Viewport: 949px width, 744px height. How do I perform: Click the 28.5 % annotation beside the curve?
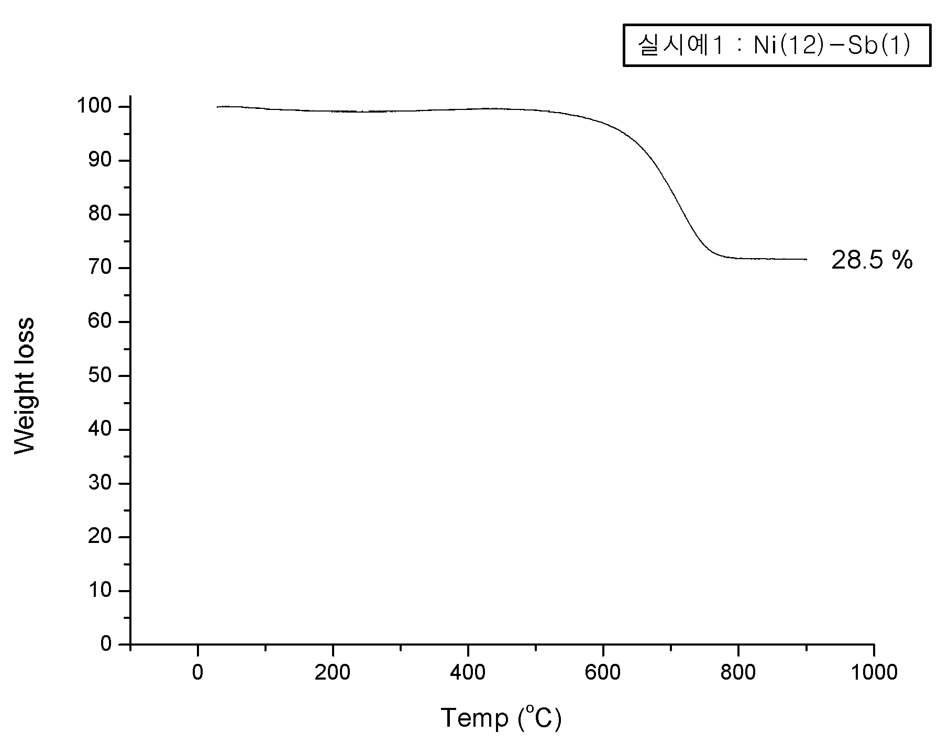pos(872,260)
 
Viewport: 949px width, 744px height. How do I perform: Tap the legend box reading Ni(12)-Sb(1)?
pos(777,45)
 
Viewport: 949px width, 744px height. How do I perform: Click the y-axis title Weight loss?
pos(24,385)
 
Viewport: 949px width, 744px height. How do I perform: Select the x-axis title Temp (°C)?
pos(501,718)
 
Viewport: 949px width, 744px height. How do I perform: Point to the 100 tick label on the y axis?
pos(94,107)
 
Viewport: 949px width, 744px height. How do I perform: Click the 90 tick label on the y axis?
pos(100,160)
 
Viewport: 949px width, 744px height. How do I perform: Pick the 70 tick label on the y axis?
pos(100,268)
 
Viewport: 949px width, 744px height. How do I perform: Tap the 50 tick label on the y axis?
pos(100,375)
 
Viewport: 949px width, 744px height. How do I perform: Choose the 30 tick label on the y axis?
pos(100,483)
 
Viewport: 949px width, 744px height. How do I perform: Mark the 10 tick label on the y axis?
pos(100,591)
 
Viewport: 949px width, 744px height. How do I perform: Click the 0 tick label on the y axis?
pos(106,644)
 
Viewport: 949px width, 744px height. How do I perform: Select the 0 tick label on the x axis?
pos(197,672)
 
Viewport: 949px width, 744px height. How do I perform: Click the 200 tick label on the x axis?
pos(333,672)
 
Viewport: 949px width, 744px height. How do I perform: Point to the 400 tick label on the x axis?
pos(468,672)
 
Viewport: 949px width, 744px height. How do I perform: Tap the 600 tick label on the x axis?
pos(603,672)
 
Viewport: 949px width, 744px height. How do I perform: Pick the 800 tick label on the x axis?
pos(738,672)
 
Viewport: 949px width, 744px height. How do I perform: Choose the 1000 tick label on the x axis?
pos(873,672)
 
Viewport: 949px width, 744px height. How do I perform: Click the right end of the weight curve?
pos(807,259)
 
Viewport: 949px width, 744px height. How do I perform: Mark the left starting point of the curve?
pos(217,107)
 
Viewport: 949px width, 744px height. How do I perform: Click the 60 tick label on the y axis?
pos(100,321)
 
